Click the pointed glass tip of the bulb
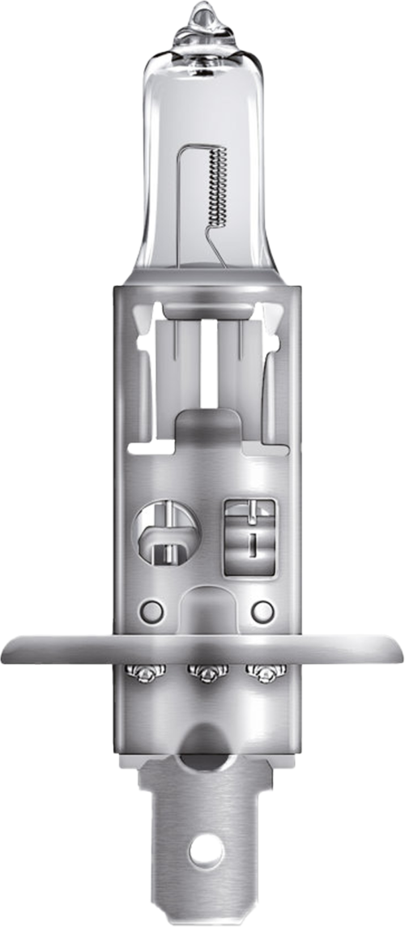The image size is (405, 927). (203, 14)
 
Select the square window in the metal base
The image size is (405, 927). (249, 537)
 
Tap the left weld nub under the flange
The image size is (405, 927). (148, 673)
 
